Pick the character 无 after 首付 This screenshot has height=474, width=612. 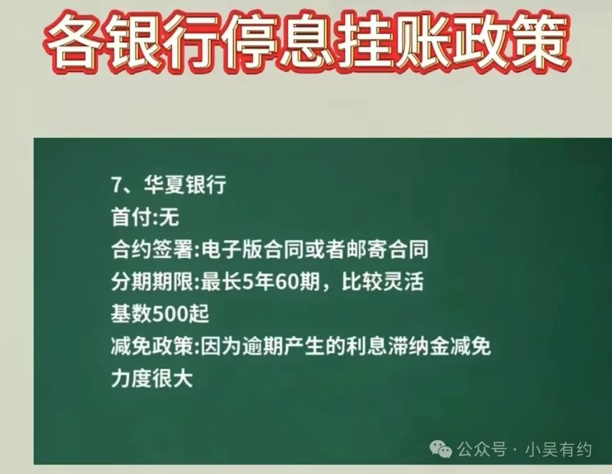click(x=169, y=217)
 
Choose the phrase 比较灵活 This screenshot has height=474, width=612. click(x=382, y=282)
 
